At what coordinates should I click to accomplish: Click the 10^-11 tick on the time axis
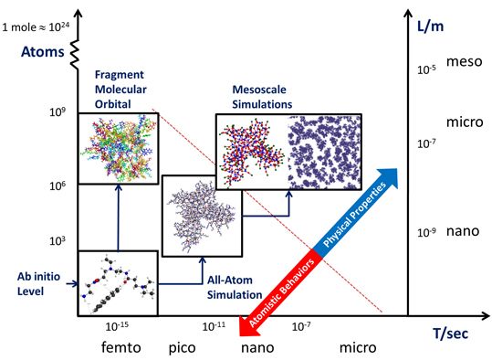pyautogui.click(x=212, y=325)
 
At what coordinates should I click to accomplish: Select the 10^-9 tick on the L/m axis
pyautogui.click(x=424, y=232)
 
